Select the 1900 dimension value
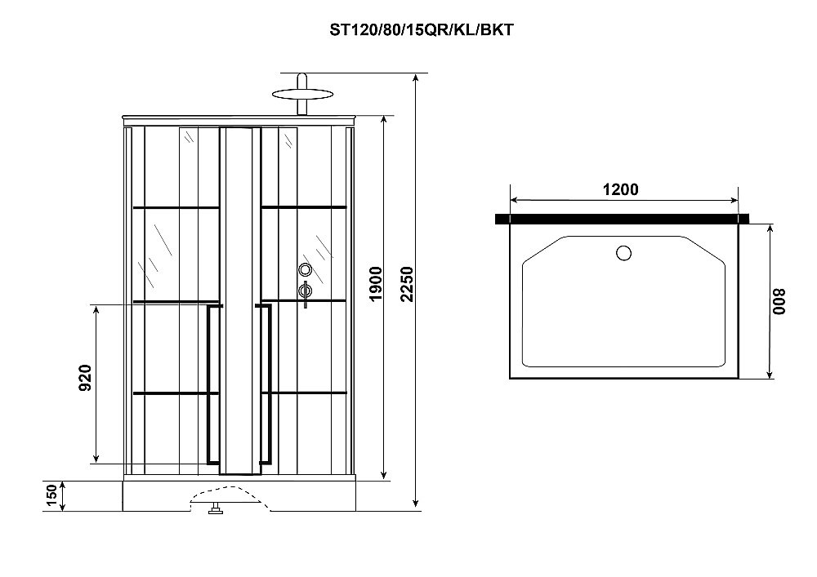(376, 284)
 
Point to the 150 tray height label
(51, 496)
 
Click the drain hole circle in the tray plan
(623, 253)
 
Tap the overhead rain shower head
(303, 92)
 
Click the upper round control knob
(306, 270)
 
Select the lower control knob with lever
(306, 291)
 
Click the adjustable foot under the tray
(216, 512)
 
